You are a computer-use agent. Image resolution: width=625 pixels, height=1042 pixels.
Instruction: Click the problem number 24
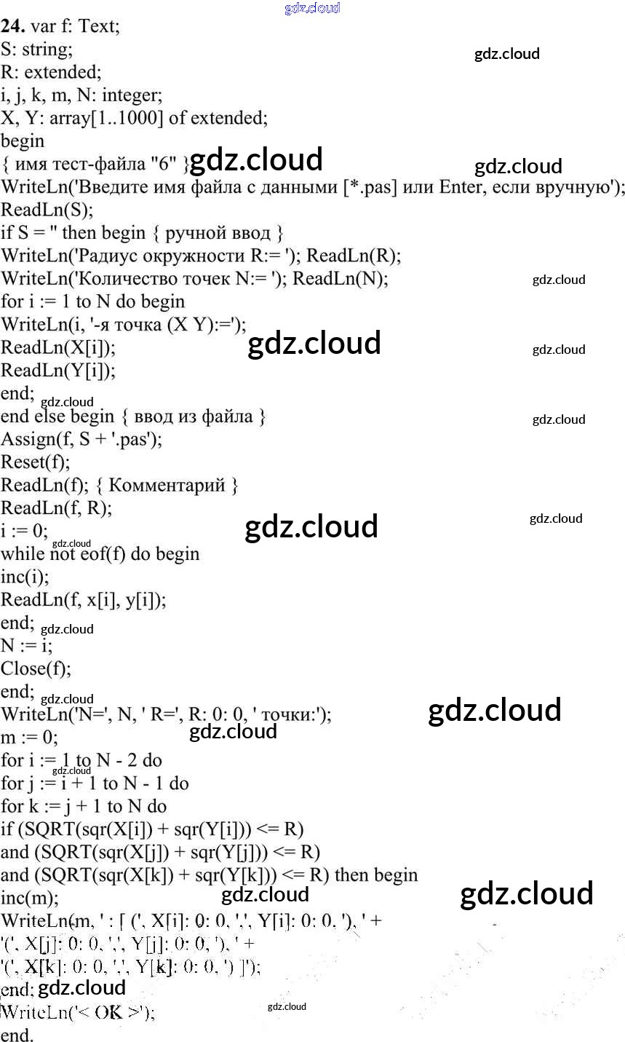pyautogui.click(x=12, y=27)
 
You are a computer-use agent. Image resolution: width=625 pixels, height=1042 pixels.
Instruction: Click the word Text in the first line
pyautogui.click(x=98, y=27)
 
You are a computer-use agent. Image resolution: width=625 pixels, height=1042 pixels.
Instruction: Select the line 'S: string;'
pyautogui.click(x=37, y=50)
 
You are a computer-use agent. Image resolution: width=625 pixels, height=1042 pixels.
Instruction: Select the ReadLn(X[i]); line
pyautogui.click(x=57, y=347)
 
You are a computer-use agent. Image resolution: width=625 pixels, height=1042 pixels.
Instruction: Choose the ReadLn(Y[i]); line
pyautogui.click(x=57, y=371)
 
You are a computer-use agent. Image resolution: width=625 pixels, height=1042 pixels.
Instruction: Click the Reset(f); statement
pyautogui.click(x=36, y=462)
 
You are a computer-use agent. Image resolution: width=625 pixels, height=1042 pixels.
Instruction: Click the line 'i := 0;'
pyautogui.click(x=25, y=531)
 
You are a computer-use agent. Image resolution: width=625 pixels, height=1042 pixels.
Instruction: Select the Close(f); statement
pyautogui.click(x=36, y=668)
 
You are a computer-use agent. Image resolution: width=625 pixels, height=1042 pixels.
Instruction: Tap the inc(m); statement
pyautogui.click(x=30, y=898)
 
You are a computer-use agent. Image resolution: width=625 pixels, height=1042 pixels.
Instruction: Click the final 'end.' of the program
pyautogui.click(x=17, y=1035)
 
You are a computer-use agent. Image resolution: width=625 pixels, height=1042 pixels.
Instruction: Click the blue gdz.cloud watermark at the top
pyautogui.click(x=312, y=8)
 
